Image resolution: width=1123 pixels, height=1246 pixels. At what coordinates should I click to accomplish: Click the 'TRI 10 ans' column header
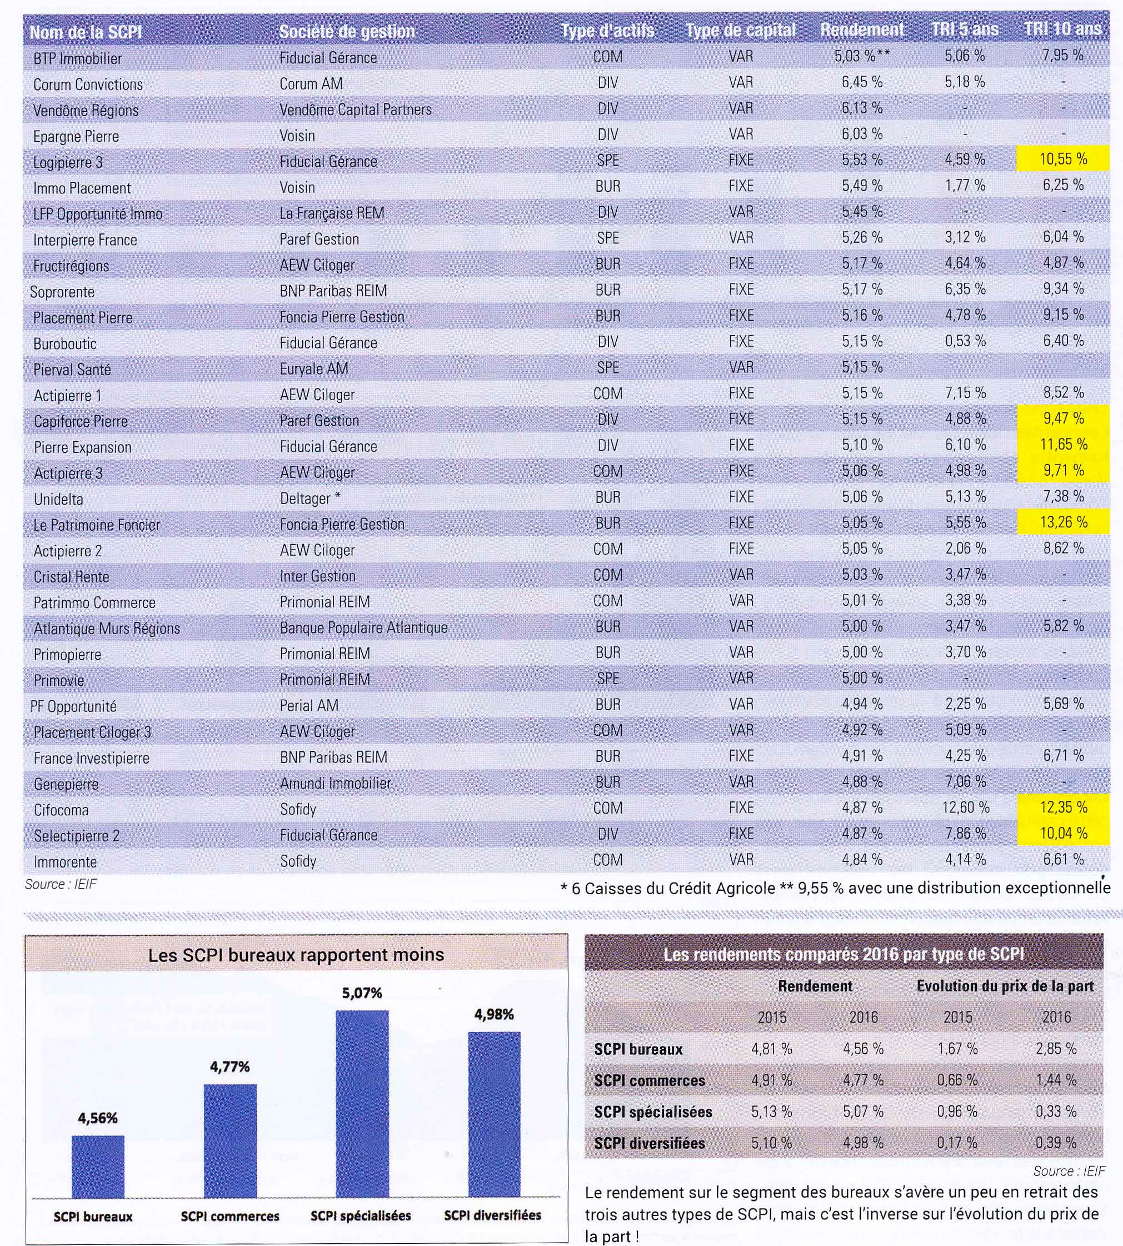click(1062, 29)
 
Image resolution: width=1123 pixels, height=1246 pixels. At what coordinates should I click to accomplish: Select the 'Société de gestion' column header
click(347, 32)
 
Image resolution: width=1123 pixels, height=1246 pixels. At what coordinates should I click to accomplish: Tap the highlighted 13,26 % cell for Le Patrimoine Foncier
click(1062, 522)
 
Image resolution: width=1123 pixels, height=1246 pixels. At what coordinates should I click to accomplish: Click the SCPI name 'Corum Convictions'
click(88, 84)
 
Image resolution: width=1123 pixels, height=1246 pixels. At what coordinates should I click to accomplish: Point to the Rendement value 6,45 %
click(862, 82)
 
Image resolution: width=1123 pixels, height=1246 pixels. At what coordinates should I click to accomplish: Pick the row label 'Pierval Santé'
click(72, 370)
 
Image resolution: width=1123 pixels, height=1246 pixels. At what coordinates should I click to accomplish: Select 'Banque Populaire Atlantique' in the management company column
click(363, 627)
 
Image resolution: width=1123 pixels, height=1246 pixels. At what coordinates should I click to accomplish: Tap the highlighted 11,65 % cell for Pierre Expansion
click(1062, 445)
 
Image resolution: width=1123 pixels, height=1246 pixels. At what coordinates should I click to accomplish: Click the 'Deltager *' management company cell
click(310, 498)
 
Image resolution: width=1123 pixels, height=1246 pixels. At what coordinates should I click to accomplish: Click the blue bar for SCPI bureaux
click(98, 1167)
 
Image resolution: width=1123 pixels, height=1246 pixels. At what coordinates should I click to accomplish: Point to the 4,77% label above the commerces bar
click(229, 1067)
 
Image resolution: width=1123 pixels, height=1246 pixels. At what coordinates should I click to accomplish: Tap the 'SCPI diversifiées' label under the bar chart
click(492, 1215)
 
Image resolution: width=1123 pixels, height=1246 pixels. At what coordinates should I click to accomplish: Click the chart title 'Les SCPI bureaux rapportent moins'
click(296, 955)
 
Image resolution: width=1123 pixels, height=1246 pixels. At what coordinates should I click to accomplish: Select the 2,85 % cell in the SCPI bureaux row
click(1056, 1049)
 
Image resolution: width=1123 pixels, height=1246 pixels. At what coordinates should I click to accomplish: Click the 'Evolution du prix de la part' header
click(1005, 985)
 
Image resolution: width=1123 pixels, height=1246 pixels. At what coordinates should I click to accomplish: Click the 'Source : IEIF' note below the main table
click(61, 884)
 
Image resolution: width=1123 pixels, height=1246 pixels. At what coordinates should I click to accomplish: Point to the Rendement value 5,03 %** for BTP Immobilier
click(862, 56)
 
